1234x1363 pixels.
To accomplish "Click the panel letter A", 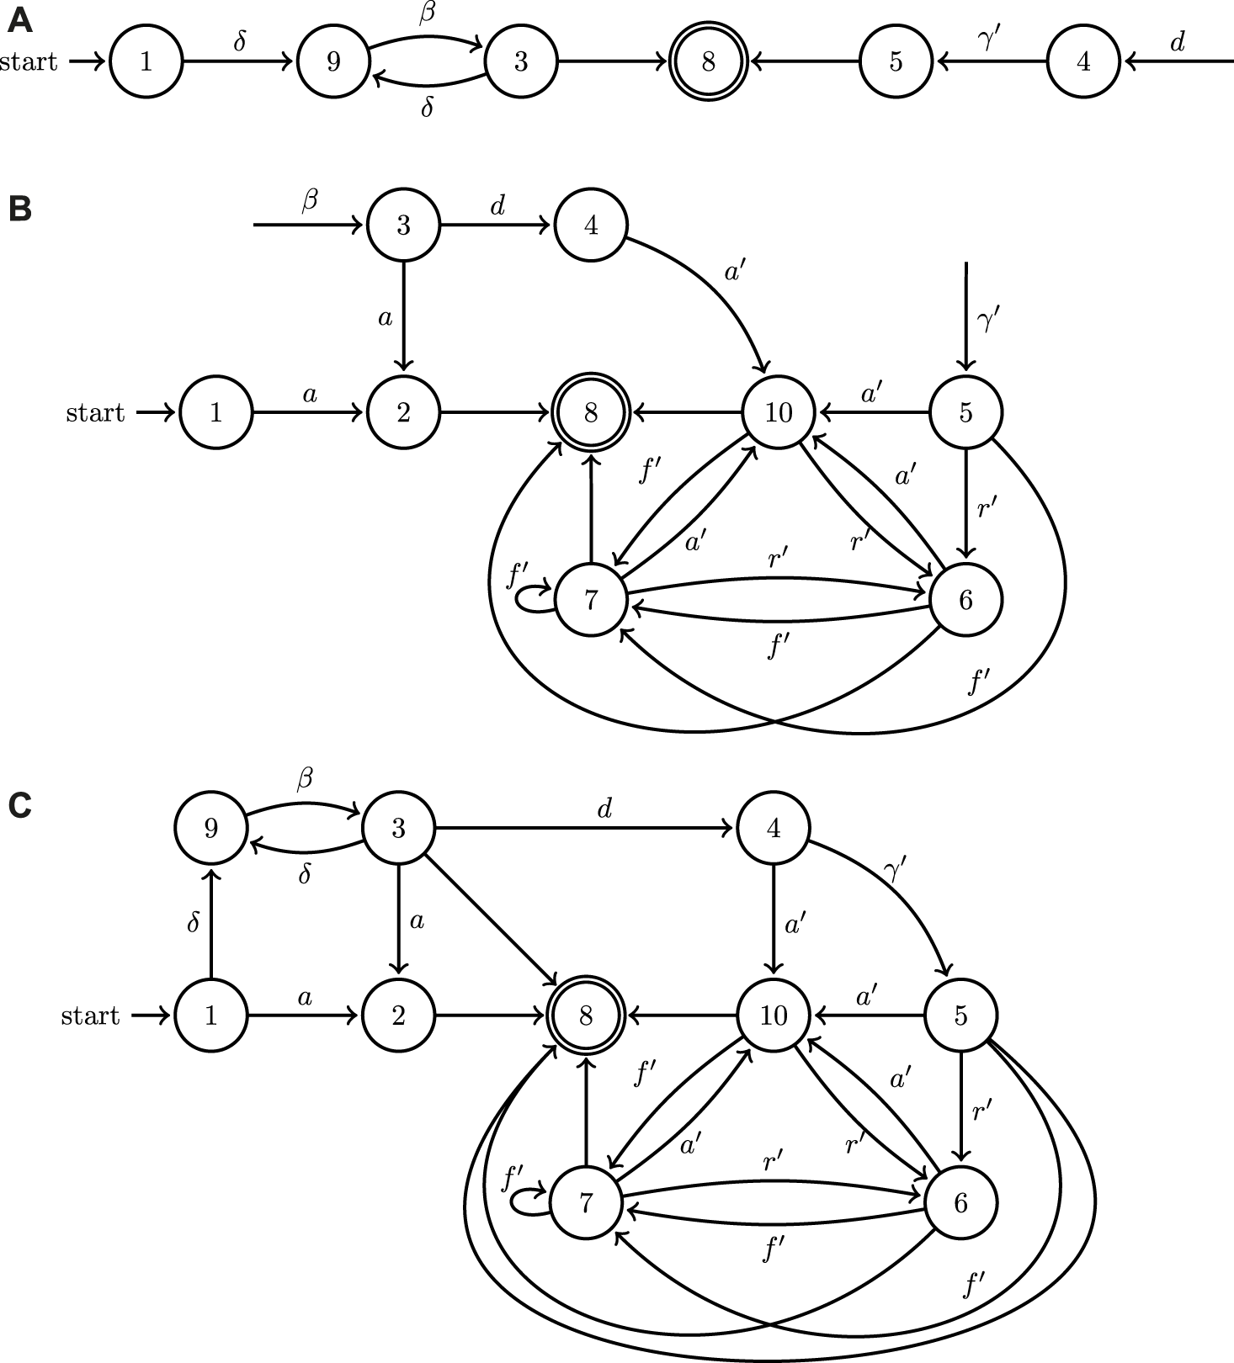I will [19, 21].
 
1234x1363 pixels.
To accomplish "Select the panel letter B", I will [19, 209].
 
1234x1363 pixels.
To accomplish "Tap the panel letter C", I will [19, 806].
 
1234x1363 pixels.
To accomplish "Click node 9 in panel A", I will [333, 61].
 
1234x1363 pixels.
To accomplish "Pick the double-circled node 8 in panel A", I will [708, 61].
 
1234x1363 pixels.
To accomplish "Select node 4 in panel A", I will [1083, 61].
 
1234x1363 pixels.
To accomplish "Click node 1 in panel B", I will [216, 412].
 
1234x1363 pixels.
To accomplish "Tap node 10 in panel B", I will [779, 412].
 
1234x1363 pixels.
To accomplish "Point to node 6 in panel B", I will [965, 600].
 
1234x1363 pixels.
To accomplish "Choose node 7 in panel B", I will [591, 600].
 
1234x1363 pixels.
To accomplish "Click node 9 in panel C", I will [211, 828].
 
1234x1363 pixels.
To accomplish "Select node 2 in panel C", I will [398, 1016].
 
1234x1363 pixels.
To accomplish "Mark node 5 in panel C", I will [960, 1016].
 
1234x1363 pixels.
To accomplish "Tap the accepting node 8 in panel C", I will [586, 1016].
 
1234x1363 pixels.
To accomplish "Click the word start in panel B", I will [95, 413].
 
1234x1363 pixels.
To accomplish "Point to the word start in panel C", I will [90, 1016].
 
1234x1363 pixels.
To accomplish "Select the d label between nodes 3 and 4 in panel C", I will [604, 809].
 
